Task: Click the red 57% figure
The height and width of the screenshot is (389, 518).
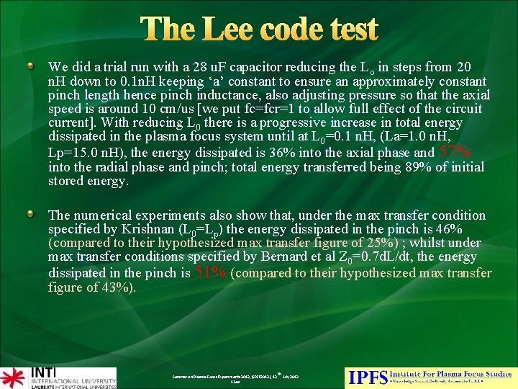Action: [x=455, y=152]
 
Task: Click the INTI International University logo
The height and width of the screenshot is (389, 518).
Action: [x=58, y=377]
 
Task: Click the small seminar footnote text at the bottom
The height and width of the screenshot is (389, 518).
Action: [x=235, y=378]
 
